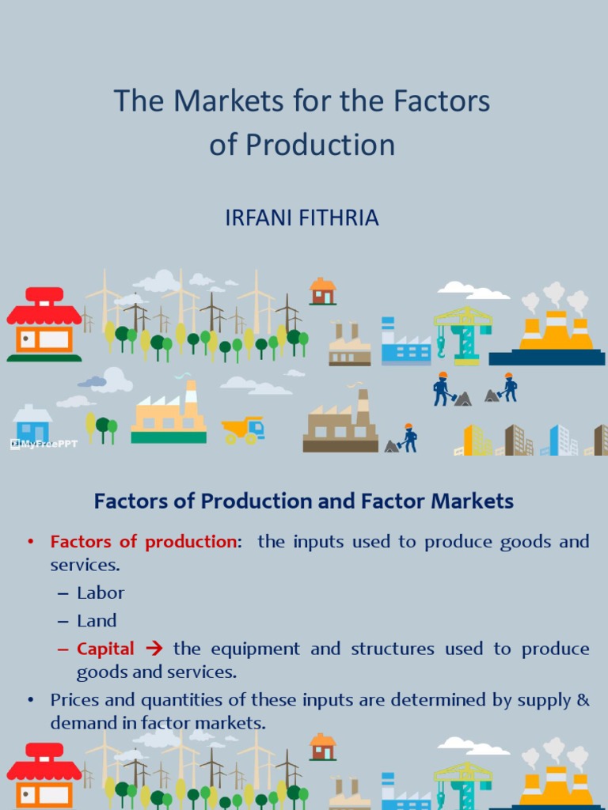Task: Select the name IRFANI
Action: tap(261, 218)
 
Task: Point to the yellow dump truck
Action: tap(243, 430)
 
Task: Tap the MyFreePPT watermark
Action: tap(44, 444)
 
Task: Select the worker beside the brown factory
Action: tap(408, 437)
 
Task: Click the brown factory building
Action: tap(340, 427)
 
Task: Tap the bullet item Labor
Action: tap(101, 592)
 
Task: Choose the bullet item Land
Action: tap(97, 621)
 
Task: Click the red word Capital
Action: tap(105, 649)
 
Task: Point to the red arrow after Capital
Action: tap(154, 649)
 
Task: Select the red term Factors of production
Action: tap(143, 542)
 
